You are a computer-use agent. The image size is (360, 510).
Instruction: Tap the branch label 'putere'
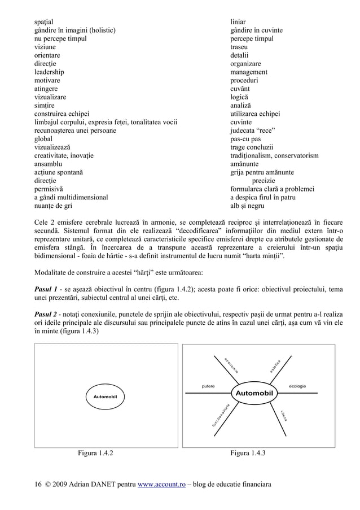click(x=208, y=386)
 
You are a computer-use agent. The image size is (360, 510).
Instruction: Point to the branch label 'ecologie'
click(x=297, y=386)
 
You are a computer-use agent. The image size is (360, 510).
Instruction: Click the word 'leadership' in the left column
click(x=49, y=72)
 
